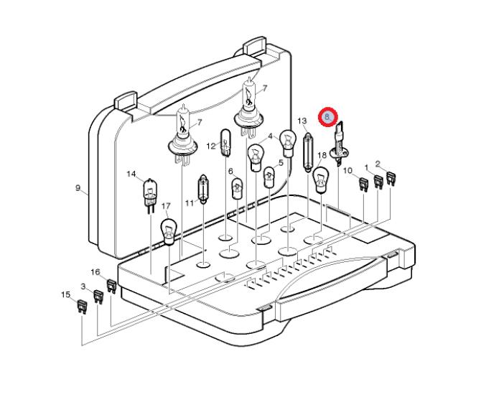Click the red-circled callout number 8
click(327, 117)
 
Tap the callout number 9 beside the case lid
click(78, 187)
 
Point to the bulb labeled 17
click(169, 232)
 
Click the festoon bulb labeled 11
click(203, 189)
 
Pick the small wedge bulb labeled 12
click(225, 143)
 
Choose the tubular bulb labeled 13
click(307, 153)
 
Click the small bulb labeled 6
click(238, 189)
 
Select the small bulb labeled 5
click(269, 177)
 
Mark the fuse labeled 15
click(82, 307)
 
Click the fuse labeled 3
click(98, 297)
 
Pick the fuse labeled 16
click(111, 286)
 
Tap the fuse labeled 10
click(363, 185)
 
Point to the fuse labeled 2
click(391, 179)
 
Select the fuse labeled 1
click(378, 182)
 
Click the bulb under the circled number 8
click(338, 144)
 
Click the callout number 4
click(270, 136)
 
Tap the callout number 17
click(166, 206)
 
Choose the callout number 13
click(302, 121)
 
